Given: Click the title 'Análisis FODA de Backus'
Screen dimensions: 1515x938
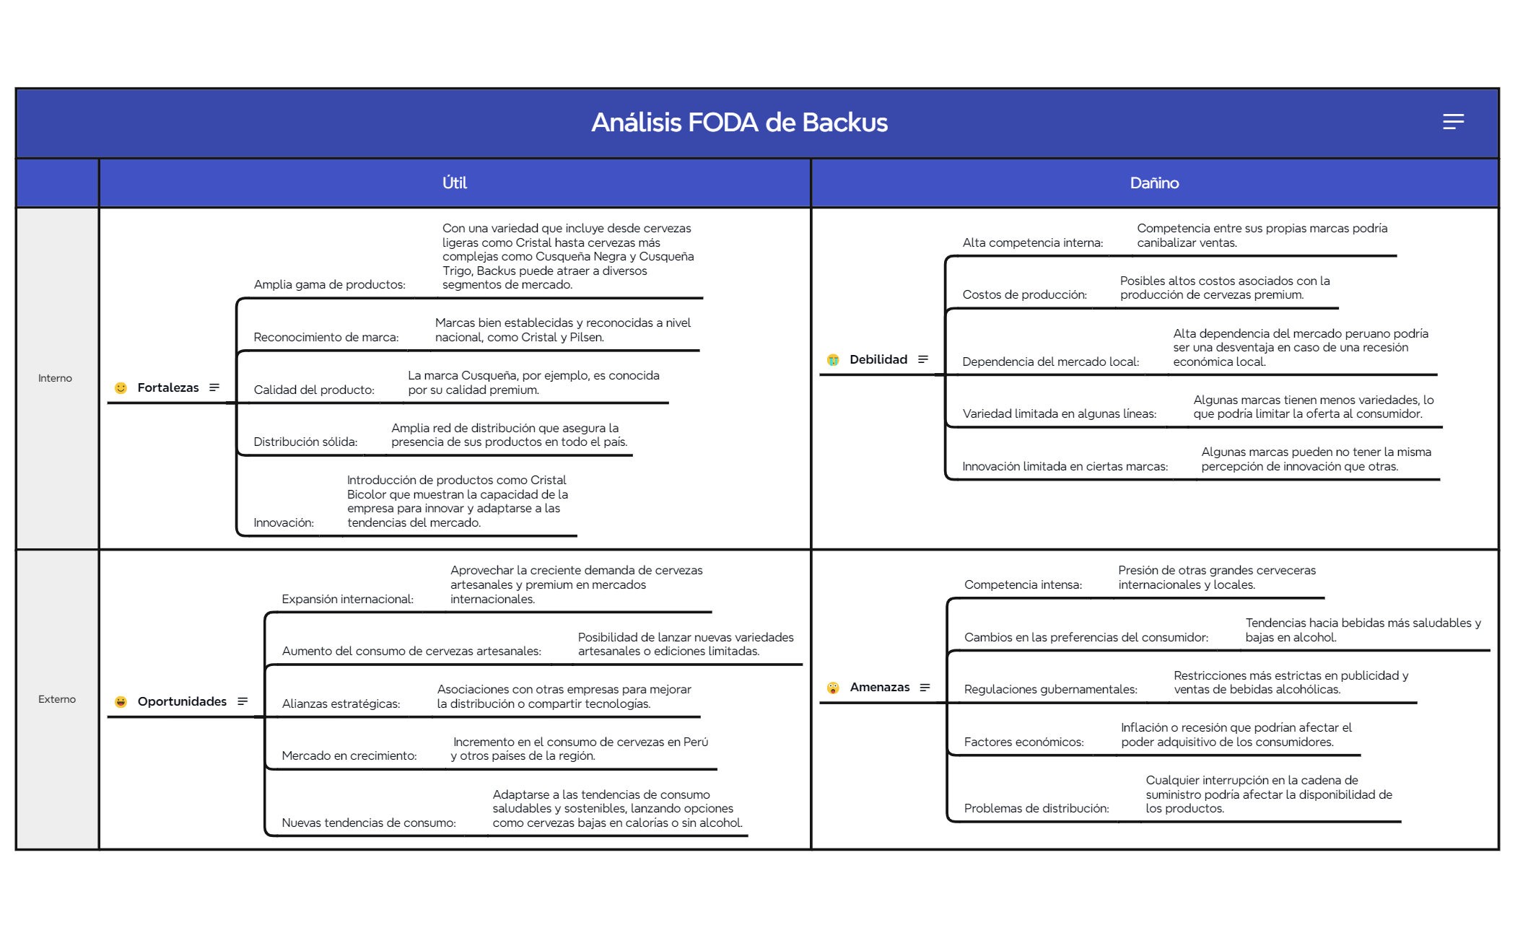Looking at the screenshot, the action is click(x=739, y=123).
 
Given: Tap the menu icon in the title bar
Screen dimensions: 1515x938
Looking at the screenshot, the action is click(x=1453, y=121).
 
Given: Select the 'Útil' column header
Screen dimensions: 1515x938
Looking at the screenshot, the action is click(x=455, y=183).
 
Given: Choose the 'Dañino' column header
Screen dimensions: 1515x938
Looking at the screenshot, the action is click(x=1154, y=183).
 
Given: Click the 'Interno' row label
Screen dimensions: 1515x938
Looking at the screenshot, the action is click(x=55, y=378).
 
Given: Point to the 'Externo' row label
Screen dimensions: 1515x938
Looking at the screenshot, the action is click(x=57, y=699).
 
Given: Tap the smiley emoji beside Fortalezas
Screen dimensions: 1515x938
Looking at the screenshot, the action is click(x=121, y=387).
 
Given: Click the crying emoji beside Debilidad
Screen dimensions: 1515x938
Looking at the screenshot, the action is click(x=833, y=359).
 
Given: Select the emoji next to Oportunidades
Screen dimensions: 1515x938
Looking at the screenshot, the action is click(x=121, y=701).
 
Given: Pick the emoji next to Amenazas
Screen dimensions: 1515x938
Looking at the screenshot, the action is click(x=833, y=688).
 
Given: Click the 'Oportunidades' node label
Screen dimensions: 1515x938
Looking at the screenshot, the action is click(x=182, y=701).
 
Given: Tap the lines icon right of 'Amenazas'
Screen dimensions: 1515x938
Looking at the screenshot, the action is click(x=925, y=688).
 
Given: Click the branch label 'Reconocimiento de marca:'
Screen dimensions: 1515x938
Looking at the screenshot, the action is click(x=326, y=337).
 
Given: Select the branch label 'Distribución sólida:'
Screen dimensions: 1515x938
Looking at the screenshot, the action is click(x=305, y=442).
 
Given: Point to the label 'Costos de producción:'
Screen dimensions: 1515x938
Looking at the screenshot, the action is click(x=1024, y=294).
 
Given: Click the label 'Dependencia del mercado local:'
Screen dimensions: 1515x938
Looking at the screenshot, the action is click(x=1050, y=361).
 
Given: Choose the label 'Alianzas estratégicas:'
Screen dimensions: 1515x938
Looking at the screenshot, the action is click(x=341, y=703).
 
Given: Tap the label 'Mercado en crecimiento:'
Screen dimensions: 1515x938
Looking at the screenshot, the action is click(x=349, y=755).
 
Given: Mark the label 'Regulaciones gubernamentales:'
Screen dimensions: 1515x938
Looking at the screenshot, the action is click(x=1050, y=689).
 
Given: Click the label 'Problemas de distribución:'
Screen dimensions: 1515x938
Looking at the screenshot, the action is click(x=1036, y=808).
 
